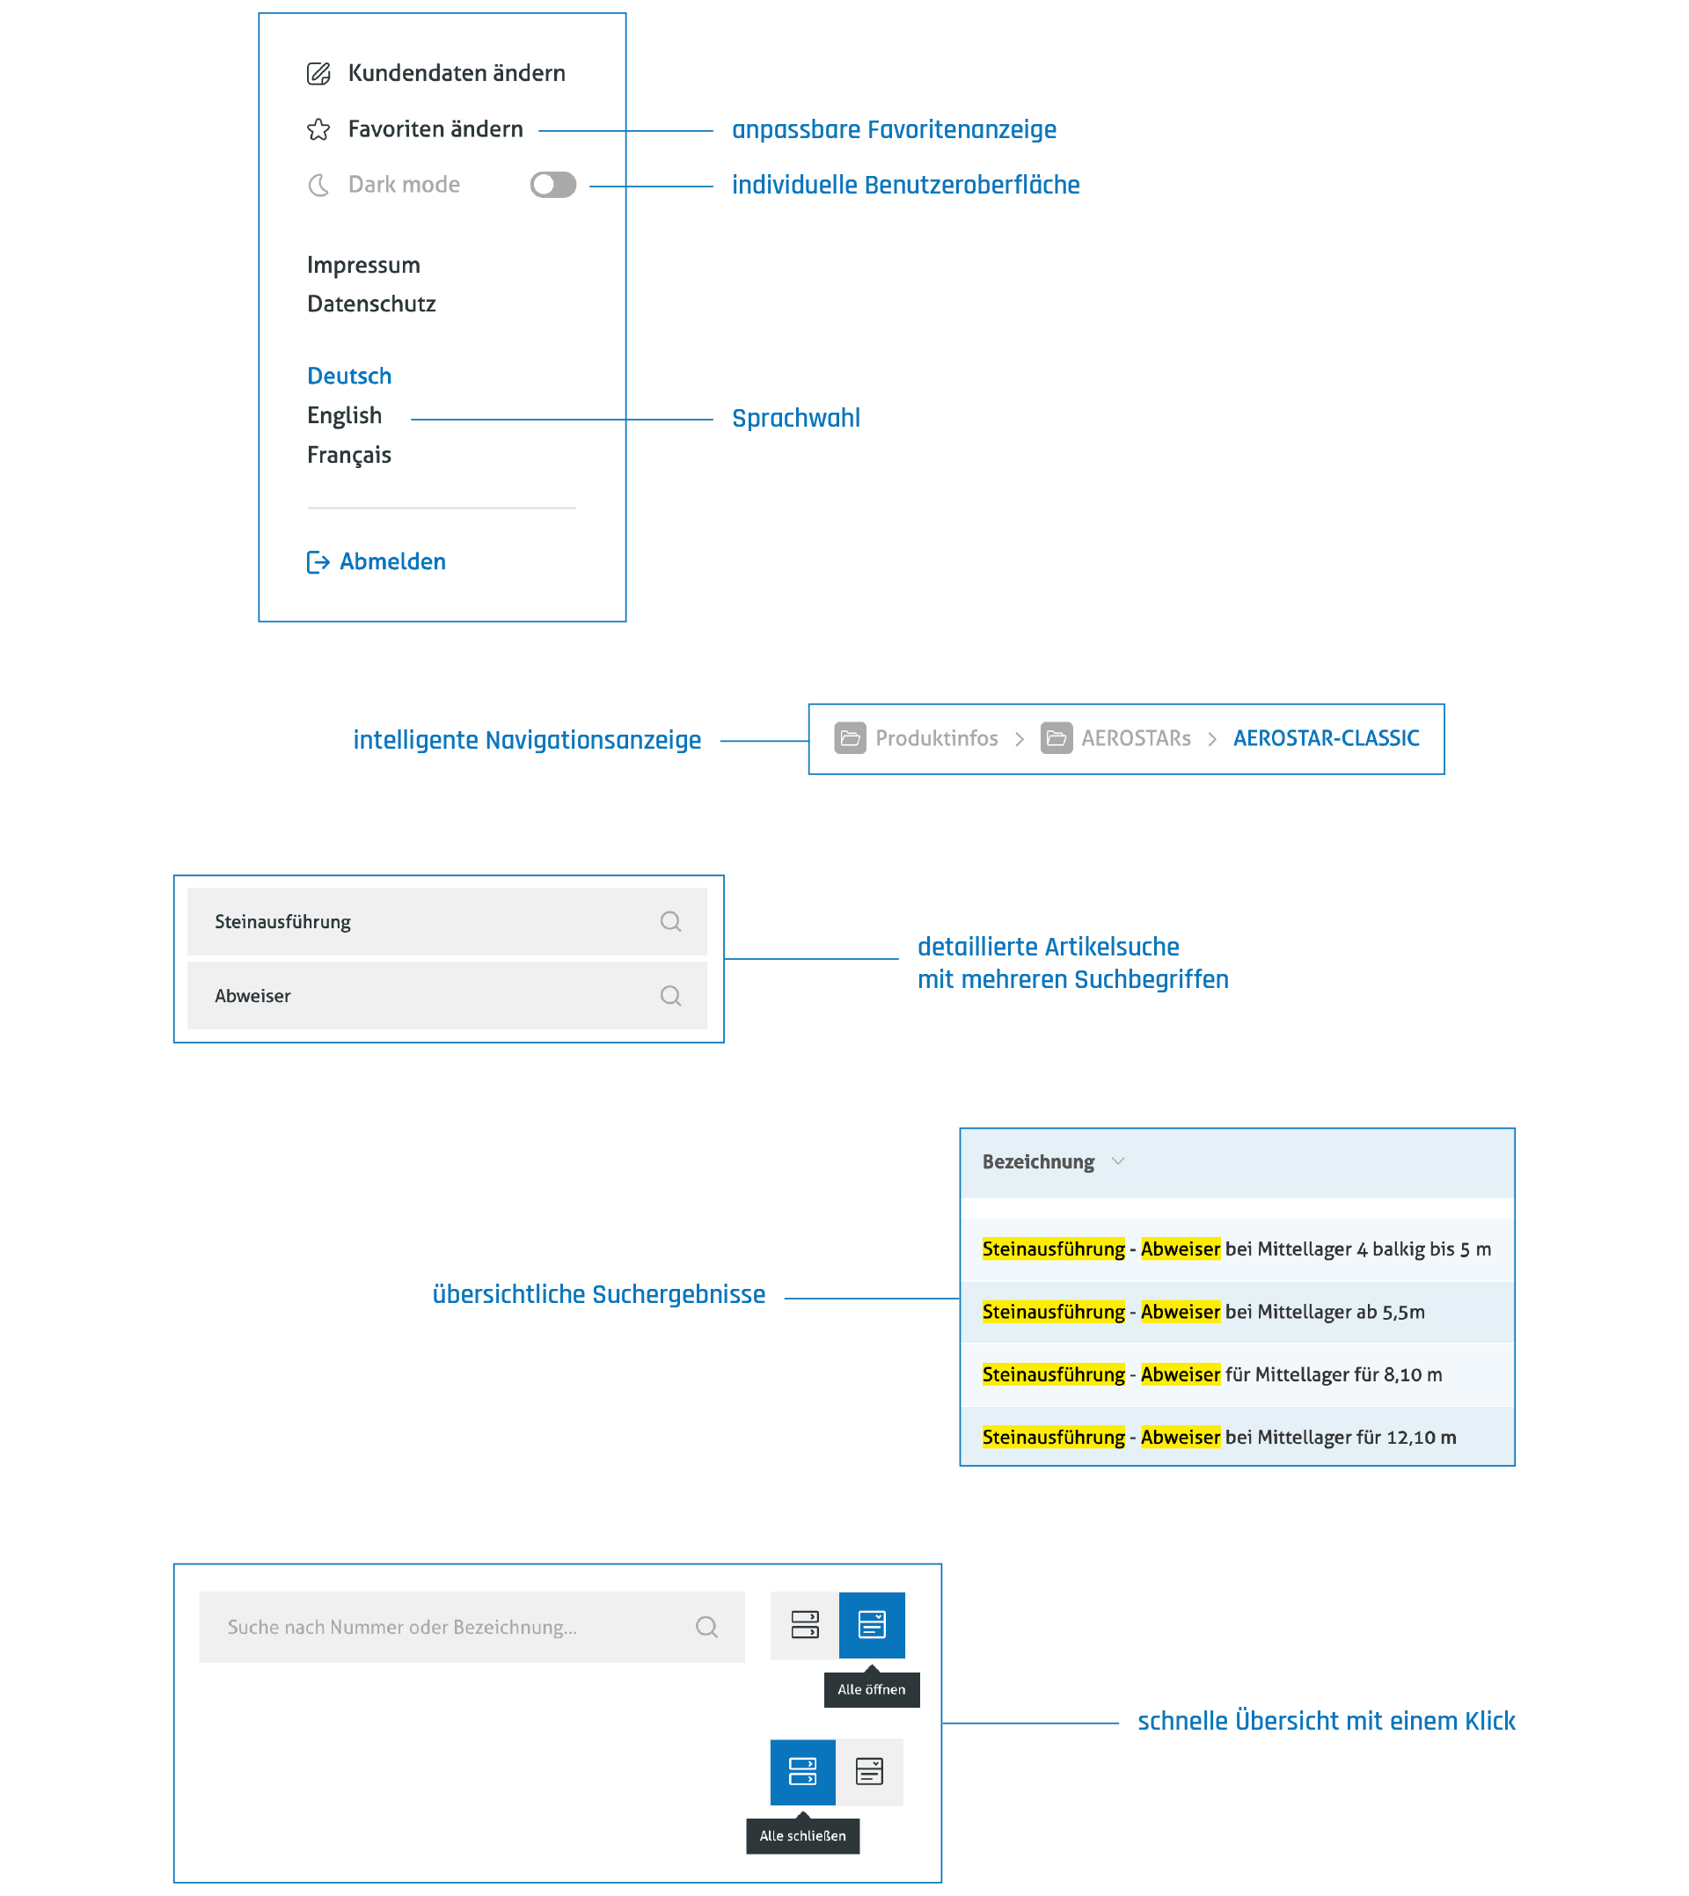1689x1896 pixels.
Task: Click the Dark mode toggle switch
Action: pos(552,185)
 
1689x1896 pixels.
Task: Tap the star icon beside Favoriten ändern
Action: pos(318,129)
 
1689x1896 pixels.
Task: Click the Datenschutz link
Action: pos(371,304)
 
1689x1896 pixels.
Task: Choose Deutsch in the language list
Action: pos(349,376)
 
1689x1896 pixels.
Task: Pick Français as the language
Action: pos(349,455)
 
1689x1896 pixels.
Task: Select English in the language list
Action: pos(344,416)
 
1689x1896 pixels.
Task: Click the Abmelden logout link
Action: pos(376,561)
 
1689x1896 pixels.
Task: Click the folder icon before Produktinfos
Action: pos(849,738)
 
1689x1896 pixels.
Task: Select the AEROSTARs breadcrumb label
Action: pos(1135,738)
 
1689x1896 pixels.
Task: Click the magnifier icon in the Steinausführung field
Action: pos(670,921)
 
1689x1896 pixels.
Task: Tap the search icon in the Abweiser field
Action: pos(670,996)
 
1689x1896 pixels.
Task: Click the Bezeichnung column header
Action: pos(1037,1162)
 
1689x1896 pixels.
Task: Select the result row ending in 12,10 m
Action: pos(1237,1437)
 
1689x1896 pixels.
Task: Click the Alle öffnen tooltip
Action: pos(871,1689)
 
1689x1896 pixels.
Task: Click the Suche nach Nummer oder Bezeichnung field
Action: pos(472,1627)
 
